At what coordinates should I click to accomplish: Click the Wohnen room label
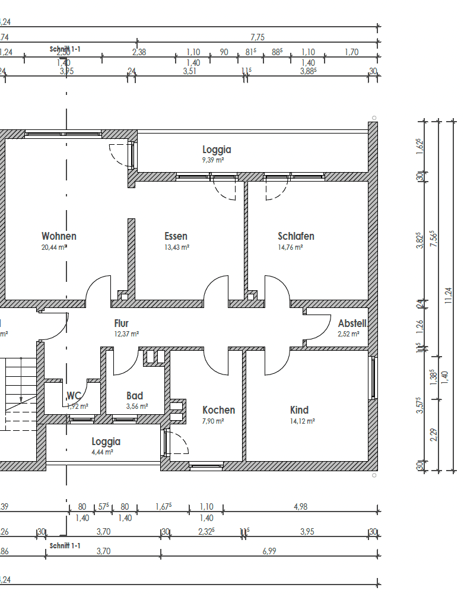59,236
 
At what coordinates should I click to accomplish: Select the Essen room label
176,236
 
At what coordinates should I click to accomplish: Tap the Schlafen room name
295,236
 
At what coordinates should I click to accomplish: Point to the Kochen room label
218,410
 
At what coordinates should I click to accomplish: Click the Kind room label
299,410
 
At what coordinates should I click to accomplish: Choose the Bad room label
135,396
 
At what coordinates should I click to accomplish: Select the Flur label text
121,323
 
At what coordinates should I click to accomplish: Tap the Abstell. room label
352,323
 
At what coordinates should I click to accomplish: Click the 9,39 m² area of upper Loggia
212,160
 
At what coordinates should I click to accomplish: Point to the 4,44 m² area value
103,452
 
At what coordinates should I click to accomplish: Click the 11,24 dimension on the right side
449,295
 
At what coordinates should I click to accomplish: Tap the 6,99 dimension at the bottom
269,550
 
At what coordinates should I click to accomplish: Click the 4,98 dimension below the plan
301,507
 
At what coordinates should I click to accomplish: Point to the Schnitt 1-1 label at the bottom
65,545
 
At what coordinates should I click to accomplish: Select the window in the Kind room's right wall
373,378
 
